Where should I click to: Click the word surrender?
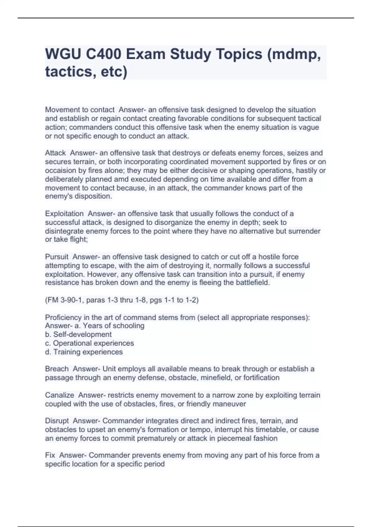[x=305, y=231]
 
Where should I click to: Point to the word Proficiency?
[x=64, y=317]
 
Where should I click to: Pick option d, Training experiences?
[x=84, y=352]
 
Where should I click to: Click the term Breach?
[x=57, y=369]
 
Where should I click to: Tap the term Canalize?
[x=60, y=395]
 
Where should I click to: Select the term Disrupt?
[x=57, y=421]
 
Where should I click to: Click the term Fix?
[x=50, y=455]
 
